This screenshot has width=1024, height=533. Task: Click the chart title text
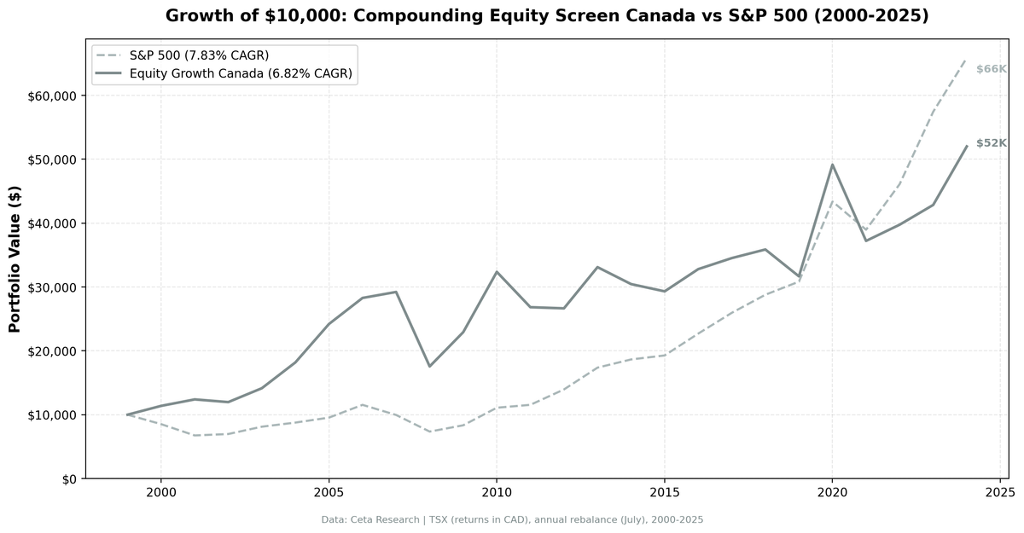(547, 16)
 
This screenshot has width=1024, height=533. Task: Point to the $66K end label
(992, 69)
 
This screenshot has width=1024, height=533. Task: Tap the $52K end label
(992, 143)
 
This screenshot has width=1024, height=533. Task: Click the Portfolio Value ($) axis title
(15, 260)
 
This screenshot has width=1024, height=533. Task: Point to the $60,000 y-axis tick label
(53, 96)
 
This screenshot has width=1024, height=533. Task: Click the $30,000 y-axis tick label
(53, 287)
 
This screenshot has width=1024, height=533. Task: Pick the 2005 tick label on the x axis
(329, 493)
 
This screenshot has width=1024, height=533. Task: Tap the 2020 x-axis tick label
(832, 493)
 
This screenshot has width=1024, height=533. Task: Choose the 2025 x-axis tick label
(999, 493)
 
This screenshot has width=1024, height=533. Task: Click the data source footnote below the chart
(512, 519)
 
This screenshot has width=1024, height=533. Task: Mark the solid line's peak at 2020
(832, 165)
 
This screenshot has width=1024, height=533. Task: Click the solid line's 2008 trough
(429, 366)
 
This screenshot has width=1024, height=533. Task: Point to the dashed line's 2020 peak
(832, 201)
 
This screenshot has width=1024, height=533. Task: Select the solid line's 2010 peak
(497, 272)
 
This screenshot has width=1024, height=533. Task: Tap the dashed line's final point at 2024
(966, 59)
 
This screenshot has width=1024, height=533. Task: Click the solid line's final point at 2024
(966, 146)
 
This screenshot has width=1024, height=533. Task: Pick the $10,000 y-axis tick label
(53, 414)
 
